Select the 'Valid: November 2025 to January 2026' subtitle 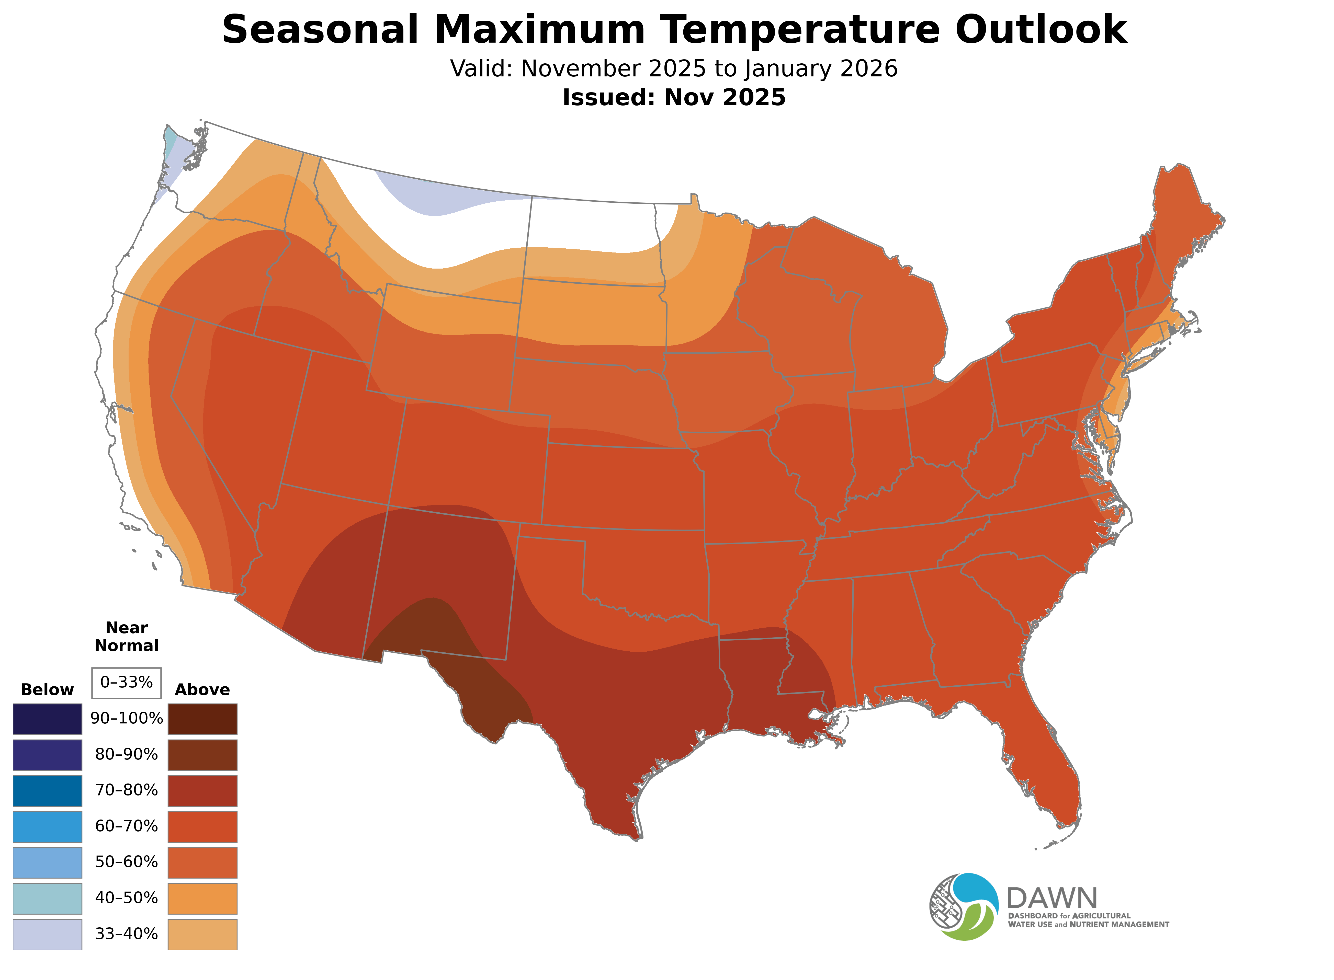click(x=674, y=69)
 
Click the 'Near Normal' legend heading click(x=126, y=637)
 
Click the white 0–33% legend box click(x=126, y=683)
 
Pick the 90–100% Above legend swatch click(x=202, y=719)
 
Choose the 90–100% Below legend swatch click(x=48, y=719)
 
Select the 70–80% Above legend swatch click(x=202, y=791)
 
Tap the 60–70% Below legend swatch click(x=48, y=826)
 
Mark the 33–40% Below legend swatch click(x=48, y=934)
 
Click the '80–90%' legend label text click(x=126, y=755)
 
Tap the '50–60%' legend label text click(x=126, y=862)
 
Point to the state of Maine click(x=1178, y=220)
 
